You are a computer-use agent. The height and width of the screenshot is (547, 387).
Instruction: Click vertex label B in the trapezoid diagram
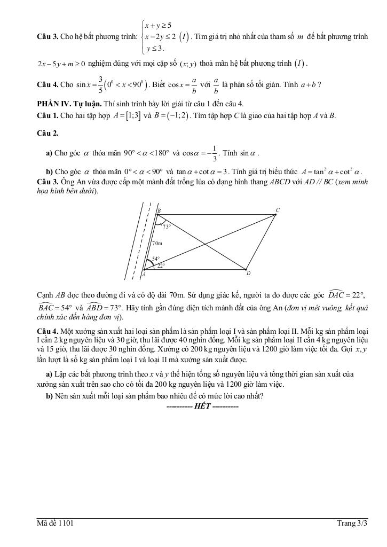point(159,211)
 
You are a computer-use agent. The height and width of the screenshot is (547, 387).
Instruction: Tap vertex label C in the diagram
point(277,210)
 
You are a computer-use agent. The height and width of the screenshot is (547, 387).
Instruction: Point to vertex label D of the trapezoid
point(248,273)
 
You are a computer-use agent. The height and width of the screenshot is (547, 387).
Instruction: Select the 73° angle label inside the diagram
point(167,226)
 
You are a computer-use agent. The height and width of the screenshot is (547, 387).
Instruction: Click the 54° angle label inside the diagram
point(156,259)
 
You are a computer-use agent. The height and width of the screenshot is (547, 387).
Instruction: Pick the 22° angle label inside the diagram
point(161,265)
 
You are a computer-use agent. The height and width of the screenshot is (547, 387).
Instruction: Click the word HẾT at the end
point(203,407)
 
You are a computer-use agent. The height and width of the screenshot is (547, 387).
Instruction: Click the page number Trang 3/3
point(352,523)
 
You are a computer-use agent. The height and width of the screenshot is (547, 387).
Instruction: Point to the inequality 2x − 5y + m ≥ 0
point(61,64)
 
